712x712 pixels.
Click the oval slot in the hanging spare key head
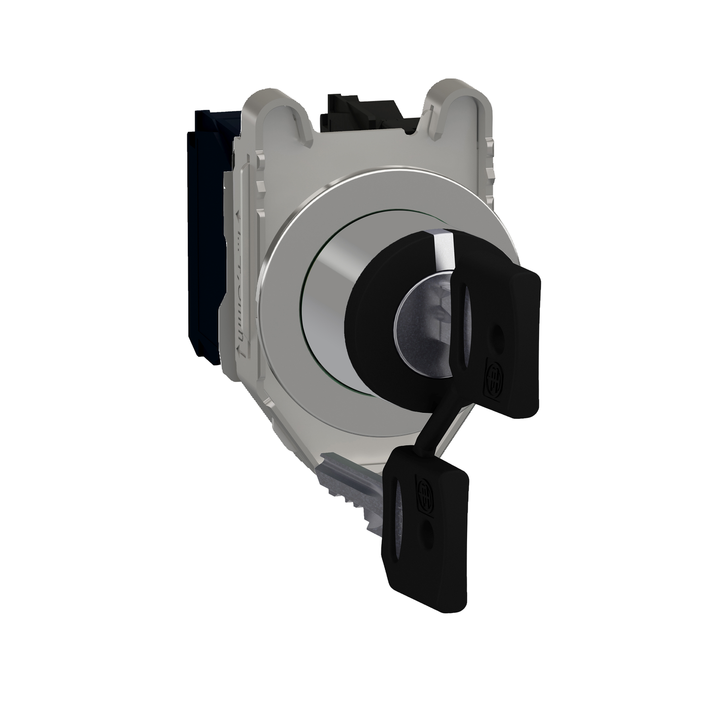pos(399,522)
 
